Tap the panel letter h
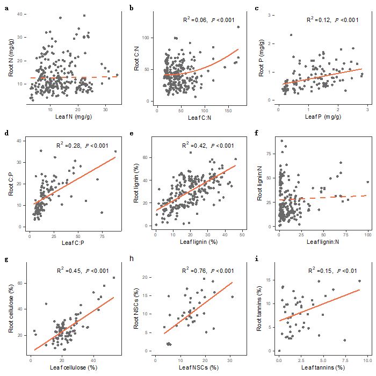coord(132,259)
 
